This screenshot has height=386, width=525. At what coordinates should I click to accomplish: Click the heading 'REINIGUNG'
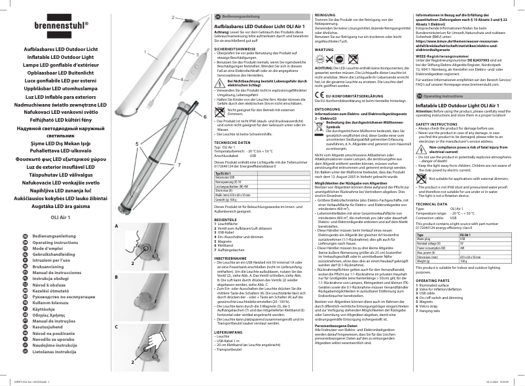tap(326, 14)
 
